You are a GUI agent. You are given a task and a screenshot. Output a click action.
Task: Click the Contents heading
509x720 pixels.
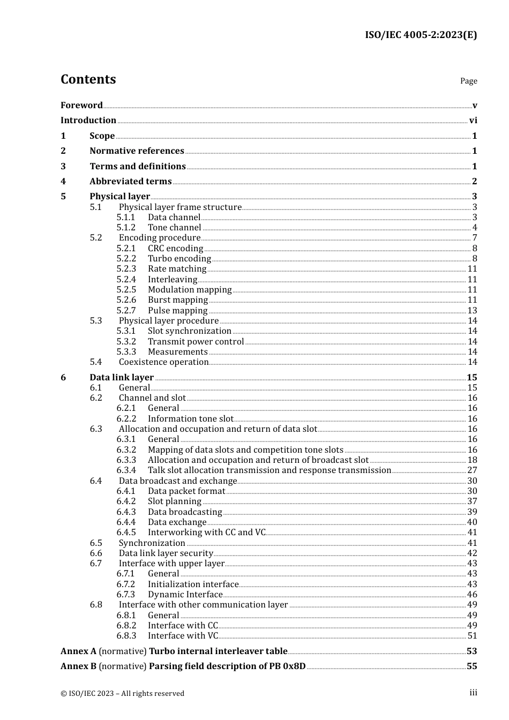point(88,79)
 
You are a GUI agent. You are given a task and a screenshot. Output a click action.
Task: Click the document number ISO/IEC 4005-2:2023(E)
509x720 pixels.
point(421,35)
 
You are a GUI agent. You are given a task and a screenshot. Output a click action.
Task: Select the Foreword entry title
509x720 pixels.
point(81,105)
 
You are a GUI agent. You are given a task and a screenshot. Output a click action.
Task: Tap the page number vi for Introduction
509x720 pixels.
point(473,120)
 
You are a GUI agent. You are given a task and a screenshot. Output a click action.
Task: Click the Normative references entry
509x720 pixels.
point(137,151)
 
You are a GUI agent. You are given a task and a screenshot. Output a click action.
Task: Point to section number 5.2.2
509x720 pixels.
point(126,258)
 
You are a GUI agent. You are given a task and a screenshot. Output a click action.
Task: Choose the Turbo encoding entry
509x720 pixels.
point(179,258)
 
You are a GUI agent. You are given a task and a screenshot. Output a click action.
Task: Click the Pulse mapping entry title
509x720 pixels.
point(177,310)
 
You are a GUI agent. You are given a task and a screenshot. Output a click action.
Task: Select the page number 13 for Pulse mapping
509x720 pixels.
point(472,310)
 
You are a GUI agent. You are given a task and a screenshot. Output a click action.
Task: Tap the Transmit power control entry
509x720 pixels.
point(196,341)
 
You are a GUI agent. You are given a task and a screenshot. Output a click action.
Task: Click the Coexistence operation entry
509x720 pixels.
point(163,362)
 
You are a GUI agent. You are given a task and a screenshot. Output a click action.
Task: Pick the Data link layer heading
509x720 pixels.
point(122,377)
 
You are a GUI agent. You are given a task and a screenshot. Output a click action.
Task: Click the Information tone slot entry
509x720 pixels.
point(190,418)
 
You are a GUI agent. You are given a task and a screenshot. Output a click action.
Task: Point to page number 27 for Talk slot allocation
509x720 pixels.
point(472,470)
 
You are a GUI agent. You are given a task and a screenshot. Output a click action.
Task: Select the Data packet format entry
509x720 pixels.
point(186,491)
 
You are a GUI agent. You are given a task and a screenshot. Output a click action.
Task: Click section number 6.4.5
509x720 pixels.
point(126,532)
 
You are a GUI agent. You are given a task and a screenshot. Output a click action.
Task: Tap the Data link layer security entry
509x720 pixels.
point(166,553)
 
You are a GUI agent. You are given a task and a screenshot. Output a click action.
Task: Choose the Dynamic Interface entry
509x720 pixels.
point(185,594)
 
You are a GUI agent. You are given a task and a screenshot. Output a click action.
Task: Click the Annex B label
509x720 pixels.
point(78,666)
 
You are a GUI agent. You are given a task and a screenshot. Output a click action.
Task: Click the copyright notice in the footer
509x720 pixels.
point(122,693)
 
